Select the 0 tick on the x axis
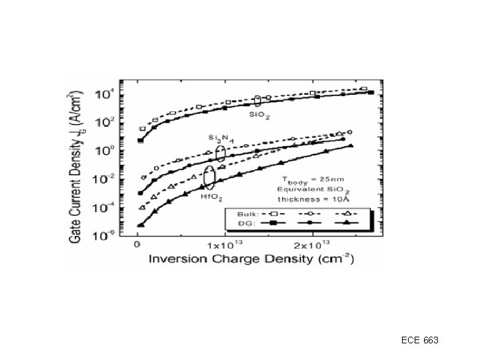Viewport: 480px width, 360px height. click(137, 245)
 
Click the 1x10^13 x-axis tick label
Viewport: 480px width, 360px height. click(225, 245)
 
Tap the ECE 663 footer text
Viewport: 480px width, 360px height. click(420, 341)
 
